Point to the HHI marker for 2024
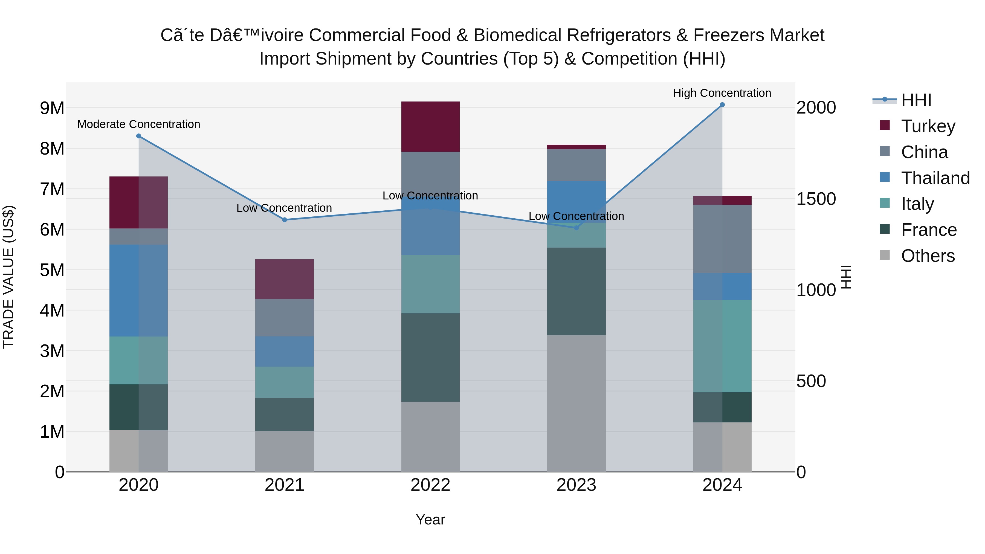(x=722, y=105)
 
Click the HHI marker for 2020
(x=139, y=136)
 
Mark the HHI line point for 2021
(x=285, y=220)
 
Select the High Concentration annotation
(x=722, y=93)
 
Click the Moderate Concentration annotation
(x=139, y=124)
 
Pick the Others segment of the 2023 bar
(x=576, y=403)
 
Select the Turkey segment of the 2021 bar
(x=285, y=279)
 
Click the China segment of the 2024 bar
(x=722, y=239)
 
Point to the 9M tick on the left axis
(x=52, y=108)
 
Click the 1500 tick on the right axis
(x=816, y=199)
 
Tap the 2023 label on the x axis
(x=576, y=485)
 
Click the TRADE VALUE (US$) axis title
(x=8, y=277)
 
